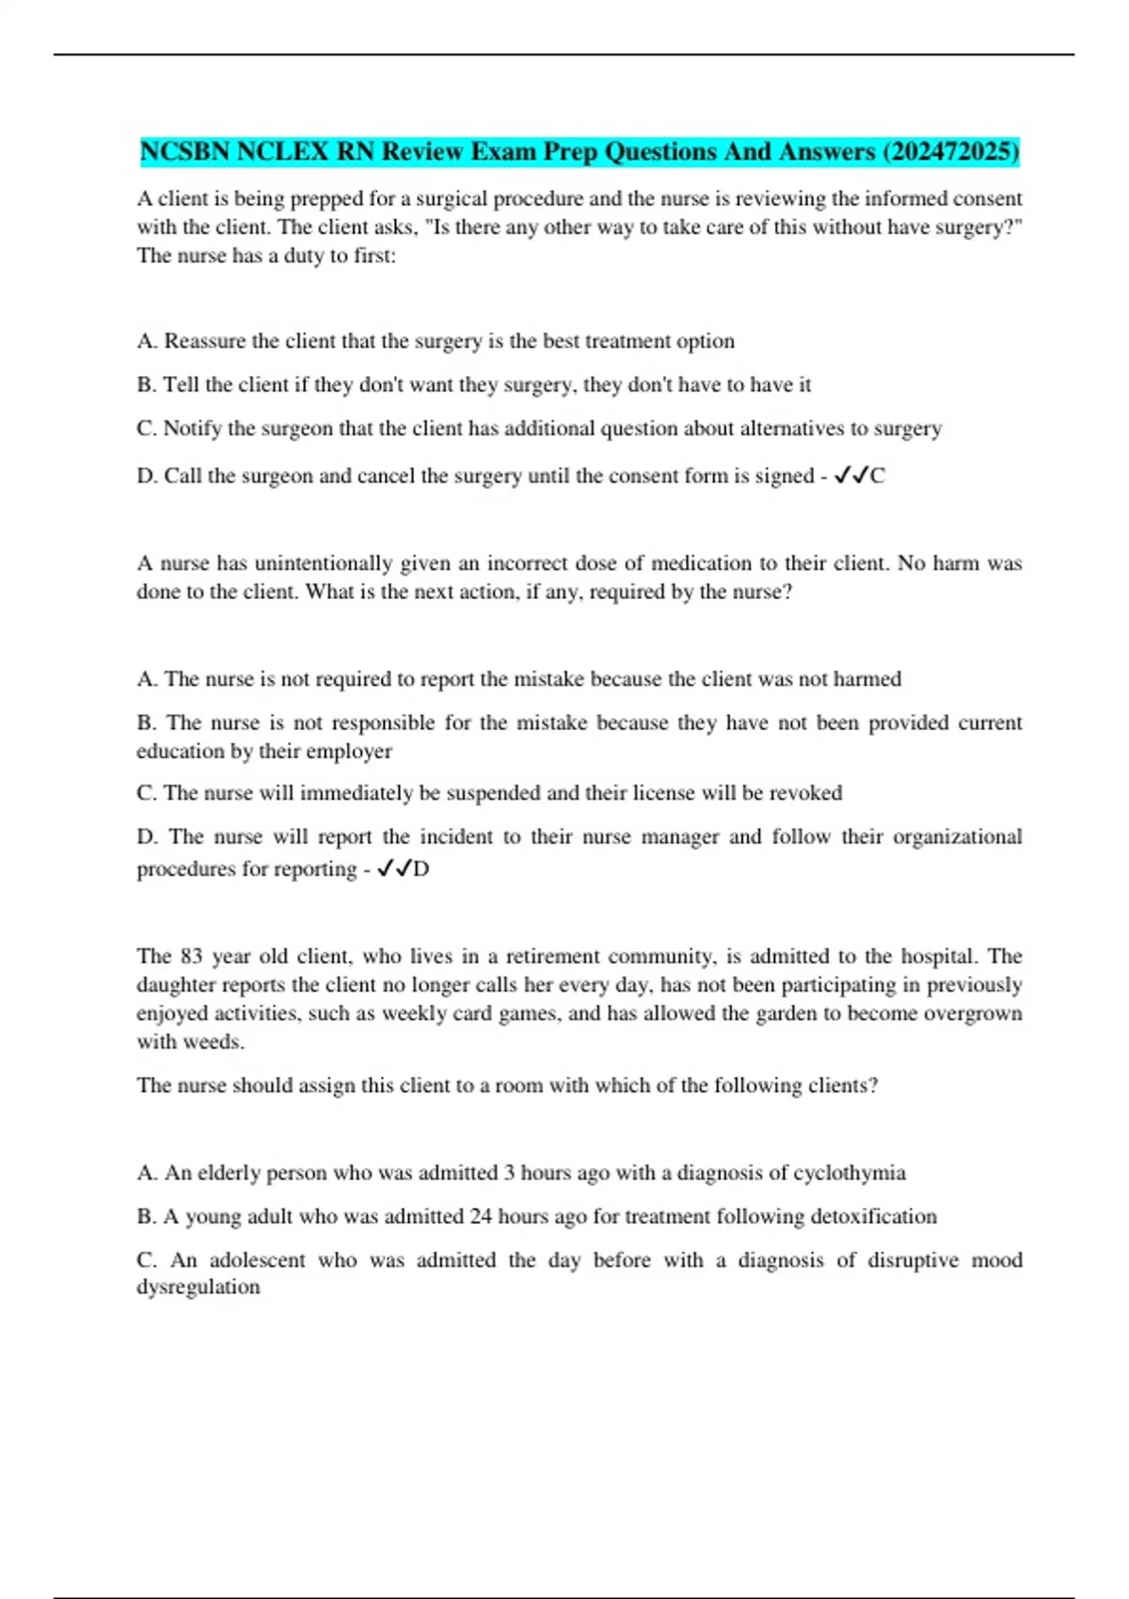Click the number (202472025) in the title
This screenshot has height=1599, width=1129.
point(951,151)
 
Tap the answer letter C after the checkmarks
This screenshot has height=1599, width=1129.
point(877,476)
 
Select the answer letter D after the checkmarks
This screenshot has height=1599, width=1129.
point(421,869)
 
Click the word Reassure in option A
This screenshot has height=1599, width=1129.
point(205,340)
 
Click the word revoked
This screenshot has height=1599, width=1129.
point(805,793)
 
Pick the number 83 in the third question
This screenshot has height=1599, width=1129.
point(191,957)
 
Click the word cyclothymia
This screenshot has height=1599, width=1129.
point(850,1173)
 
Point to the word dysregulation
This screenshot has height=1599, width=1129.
point(198,1287)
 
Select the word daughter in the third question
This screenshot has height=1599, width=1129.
point(173,985)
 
